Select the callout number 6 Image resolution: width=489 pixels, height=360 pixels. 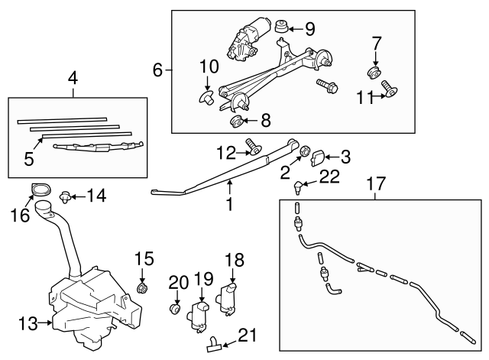tap(158, 70)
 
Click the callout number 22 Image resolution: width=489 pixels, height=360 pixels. tap(329, 177)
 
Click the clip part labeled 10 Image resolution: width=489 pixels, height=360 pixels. tap(207, 97)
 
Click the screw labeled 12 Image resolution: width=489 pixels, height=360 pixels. tap(252, 145)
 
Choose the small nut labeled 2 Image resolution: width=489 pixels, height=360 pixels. tap(304, 151)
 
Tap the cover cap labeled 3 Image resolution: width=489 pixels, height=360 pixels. tap(320, 157)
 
